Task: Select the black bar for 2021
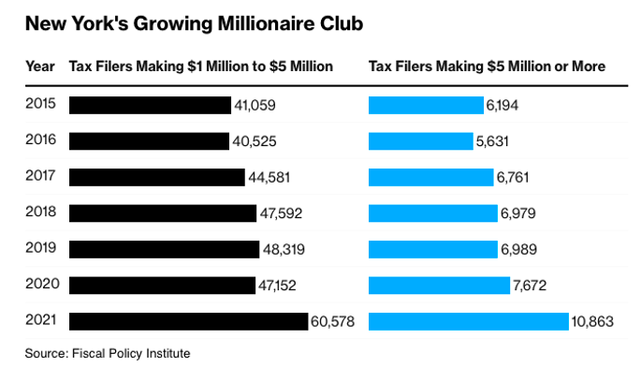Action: (x=188, y=321)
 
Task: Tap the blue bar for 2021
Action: (x=468, y=321)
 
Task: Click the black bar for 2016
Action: (x=149, y=141)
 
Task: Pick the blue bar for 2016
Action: (x=420, y=141)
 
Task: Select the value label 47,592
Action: (x=284, y=213)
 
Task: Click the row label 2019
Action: (x=41, y=247)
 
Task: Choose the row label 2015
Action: (x=41, y=104)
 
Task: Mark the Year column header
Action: (x=39, y=66)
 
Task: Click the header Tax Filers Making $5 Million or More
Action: (x=487, y=66)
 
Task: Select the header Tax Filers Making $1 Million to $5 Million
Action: (x=201, y=66)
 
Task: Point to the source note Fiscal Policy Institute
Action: (x=108, y=353)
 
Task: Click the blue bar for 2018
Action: (x=433, y=213)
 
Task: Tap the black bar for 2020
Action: (x=161, y=286)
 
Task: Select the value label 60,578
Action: (x=335, y=321)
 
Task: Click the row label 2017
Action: (x=41, y=176)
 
